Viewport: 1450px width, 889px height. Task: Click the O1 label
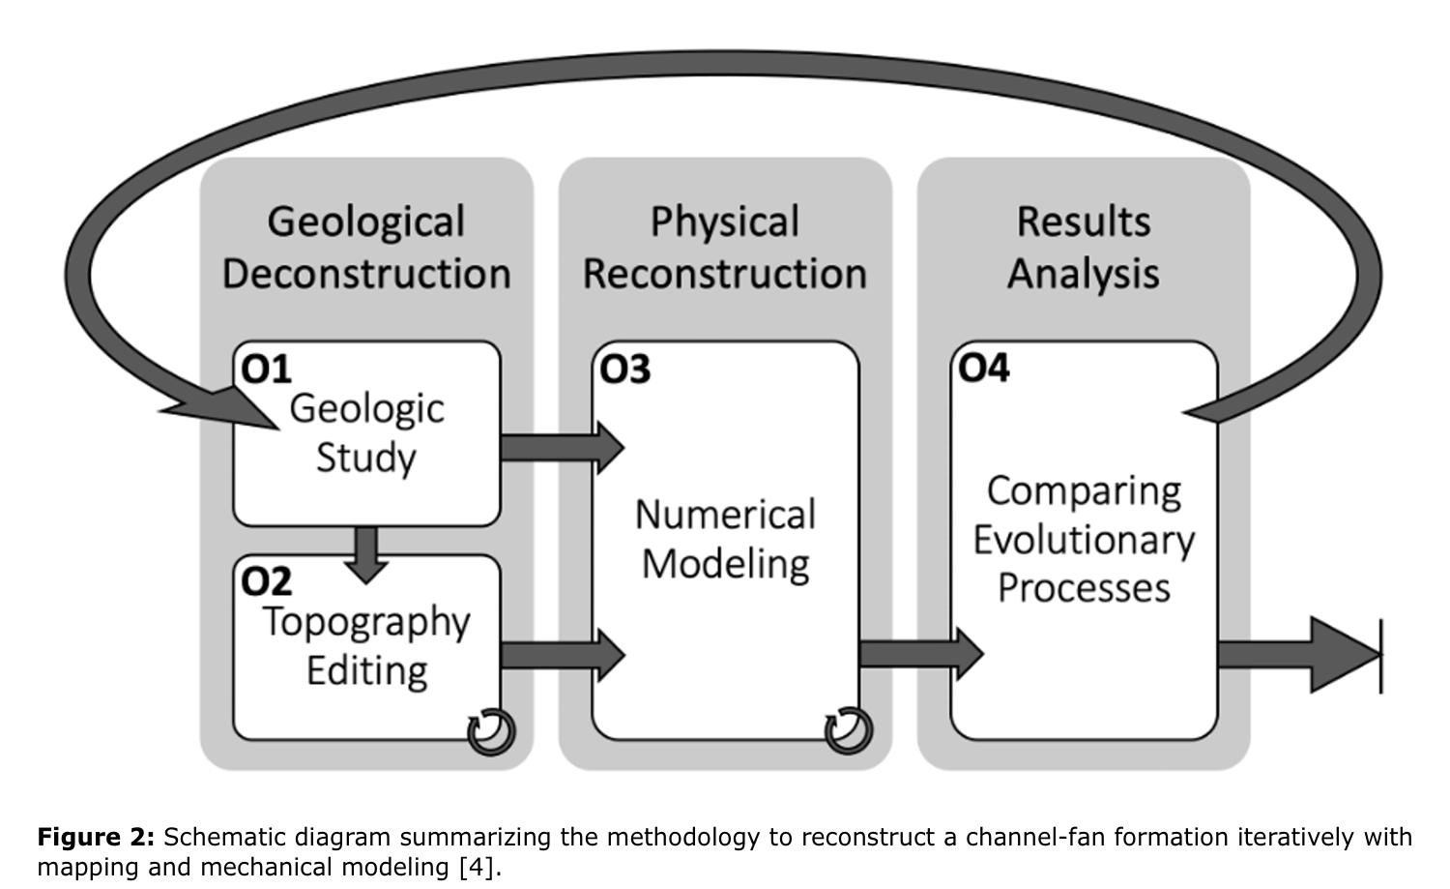tap(265, 370)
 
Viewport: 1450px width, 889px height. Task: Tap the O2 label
tap(266, 582)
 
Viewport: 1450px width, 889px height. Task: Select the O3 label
tap(624, 370)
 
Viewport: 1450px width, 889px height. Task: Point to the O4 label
tap(983, 369)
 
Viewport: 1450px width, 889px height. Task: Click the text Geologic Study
tap(366, 432)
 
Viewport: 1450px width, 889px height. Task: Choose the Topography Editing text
tap(366, 646)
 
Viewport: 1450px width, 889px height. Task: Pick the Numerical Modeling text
tap(725, 539)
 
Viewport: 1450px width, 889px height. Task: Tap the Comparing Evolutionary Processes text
tap(1084, 539)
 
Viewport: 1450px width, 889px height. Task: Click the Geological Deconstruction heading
tap(366, 248)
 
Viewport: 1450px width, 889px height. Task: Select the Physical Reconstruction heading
tap(725, 248)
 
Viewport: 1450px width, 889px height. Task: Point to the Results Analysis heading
tap(1084, 248)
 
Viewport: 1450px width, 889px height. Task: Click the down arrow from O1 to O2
tap(366, 554)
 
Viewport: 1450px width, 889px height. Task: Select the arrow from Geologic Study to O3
tap(562, 448)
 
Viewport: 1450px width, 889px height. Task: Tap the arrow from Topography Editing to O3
tap(562, 655)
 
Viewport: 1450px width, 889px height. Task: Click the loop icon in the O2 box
tap(490, 731)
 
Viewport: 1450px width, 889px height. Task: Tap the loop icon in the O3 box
tap(848, 731)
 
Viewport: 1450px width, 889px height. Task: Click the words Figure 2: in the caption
tap(95, 837)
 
